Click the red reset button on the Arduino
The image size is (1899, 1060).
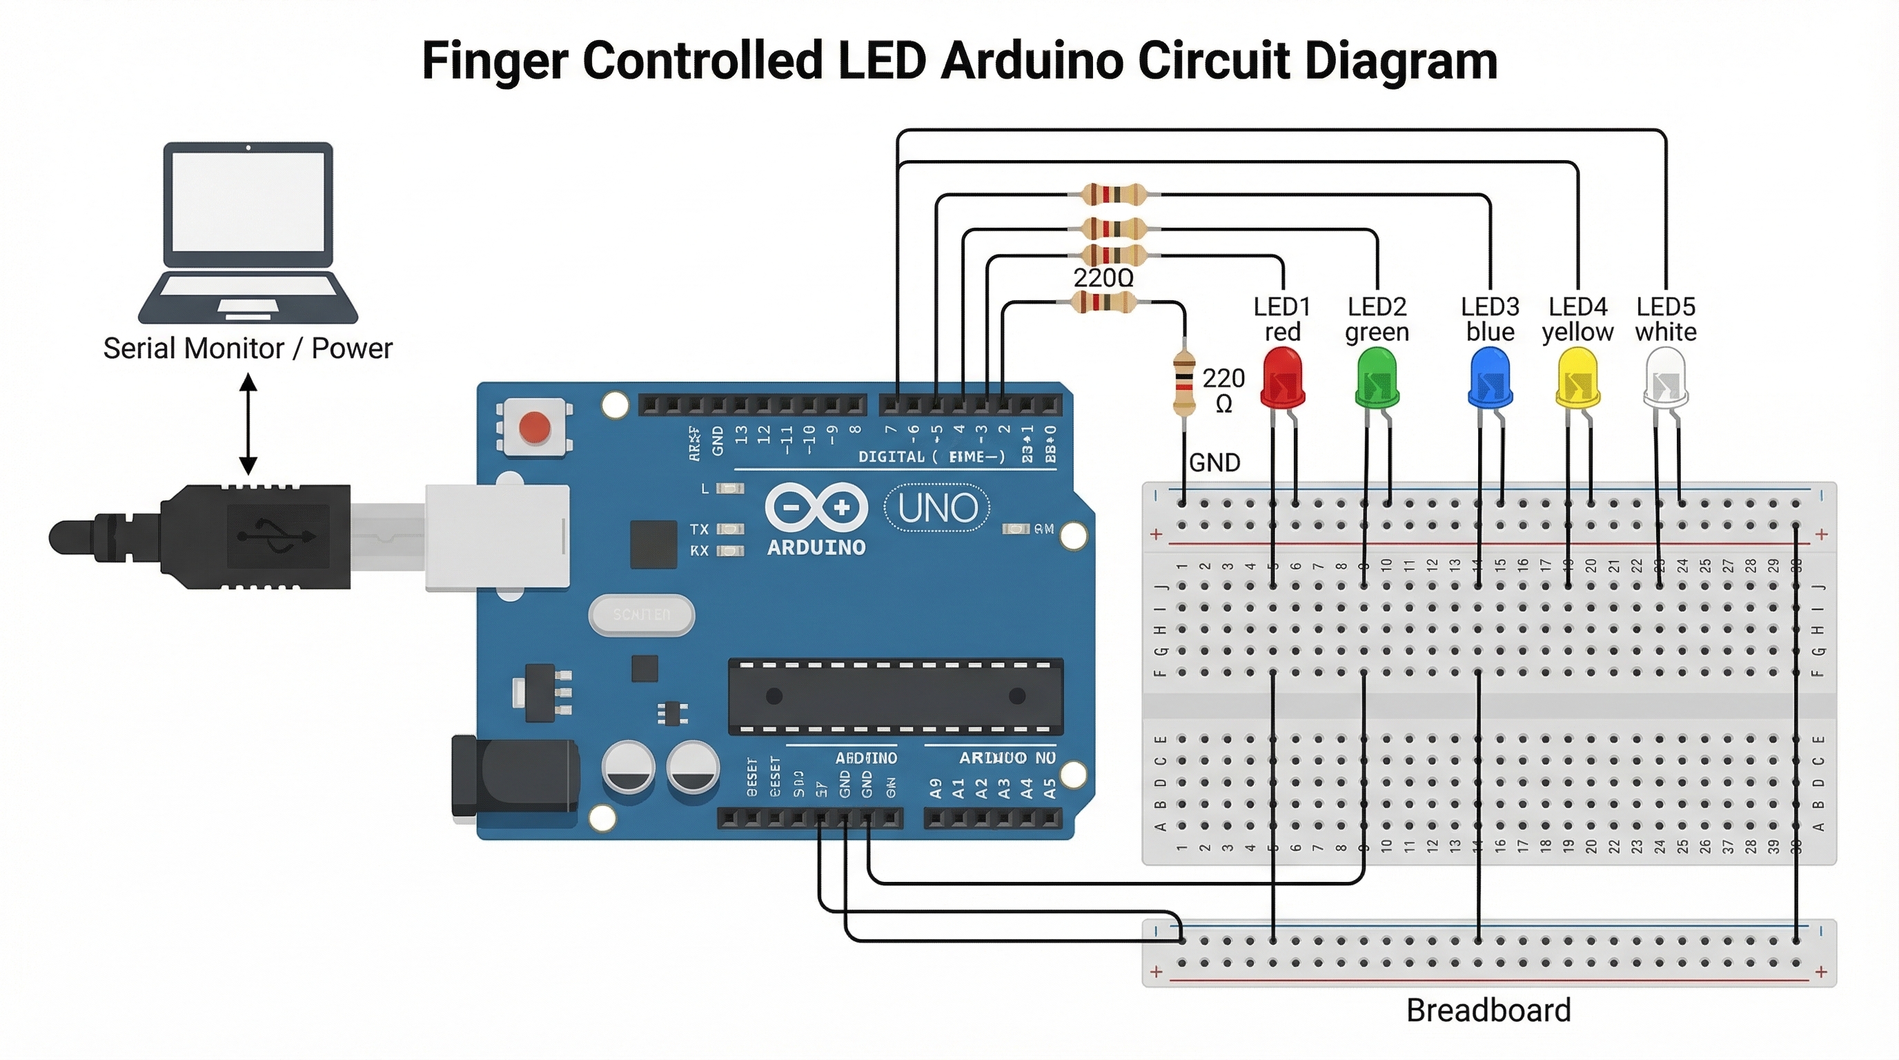click(535, 426)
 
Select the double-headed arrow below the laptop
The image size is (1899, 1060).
click(248, 423)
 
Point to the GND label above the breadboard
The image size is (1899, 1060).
click(1214, 463)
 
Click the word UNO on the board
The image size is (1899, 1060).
click(938, 508)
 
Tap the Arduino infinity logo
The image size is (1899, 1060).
click(816, 508)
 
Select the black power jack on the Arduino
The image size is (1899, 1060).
click(514, 778)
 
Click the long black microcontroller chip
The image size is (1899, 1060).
click(895, 696)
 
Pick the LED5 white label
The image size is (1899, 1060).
click(1665, 320)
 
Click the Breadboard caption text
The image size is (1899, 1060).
click(1488, 1010)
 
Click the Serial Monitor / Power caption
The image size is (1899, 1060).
click(248, 348)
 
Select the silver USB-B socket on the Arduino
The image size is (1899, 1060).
click(497, 538)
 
